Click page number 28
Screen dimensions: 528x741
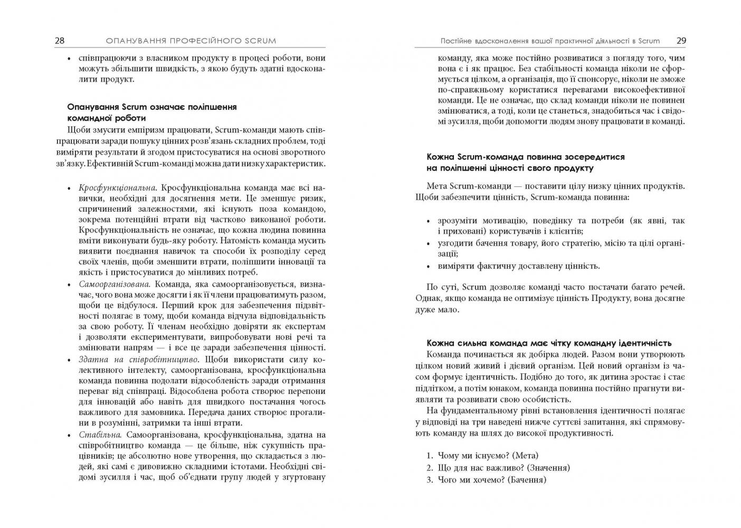tap(59, 41)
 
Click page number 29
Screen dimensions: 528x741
tap(681, 41)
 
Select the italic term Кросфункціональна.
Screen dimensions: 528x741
tap(117, 188)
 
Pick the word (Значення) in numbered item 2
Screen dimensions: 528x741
tap(549, 468)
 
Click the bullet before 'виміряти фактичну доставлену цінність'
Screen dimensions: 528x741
tap(429, 267)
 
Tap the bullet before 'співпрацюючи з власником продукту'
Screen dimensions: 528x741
tap(69, 59)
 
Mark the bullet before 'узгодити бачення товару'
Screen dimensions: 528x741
tap(429, 244)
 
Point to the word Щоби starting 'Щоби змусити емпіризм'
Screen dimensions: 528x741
tap(78, 130)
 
